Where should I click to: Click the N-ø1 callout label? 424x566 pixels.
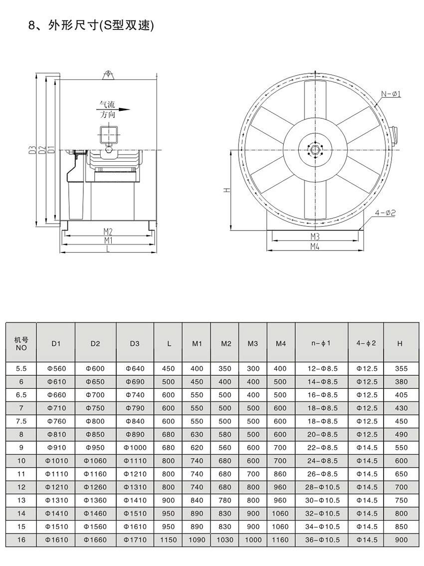(392, 94)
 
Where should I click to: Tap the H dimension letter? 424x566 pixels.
(225, 190)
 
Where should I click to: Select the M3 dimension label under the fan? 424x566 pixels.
(315, 236)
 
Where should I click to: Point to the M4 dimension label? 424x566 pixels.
(315, 247)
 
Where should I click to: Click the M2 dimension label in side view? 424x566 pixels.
(108, 231)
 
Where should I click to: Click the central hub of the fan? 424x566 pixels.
(315, 150)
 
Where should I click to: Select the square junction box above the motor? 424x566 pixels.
(109, 134)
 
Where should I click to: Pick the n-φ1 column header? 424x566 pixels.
(321, 343)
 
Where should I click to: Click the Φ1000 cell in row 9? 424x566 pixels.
(135, 447)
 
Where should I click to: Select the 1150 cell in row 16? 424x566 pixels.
(168, 540)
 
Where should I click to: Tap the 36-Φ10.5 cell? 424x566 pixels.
(321, 540)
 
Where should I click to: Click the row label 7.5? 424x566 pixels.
(21, 421)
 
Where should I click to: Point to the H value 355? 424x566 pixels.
(401, 369)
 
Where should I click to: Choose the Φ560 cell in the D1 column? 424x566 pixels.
(56, 369)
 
